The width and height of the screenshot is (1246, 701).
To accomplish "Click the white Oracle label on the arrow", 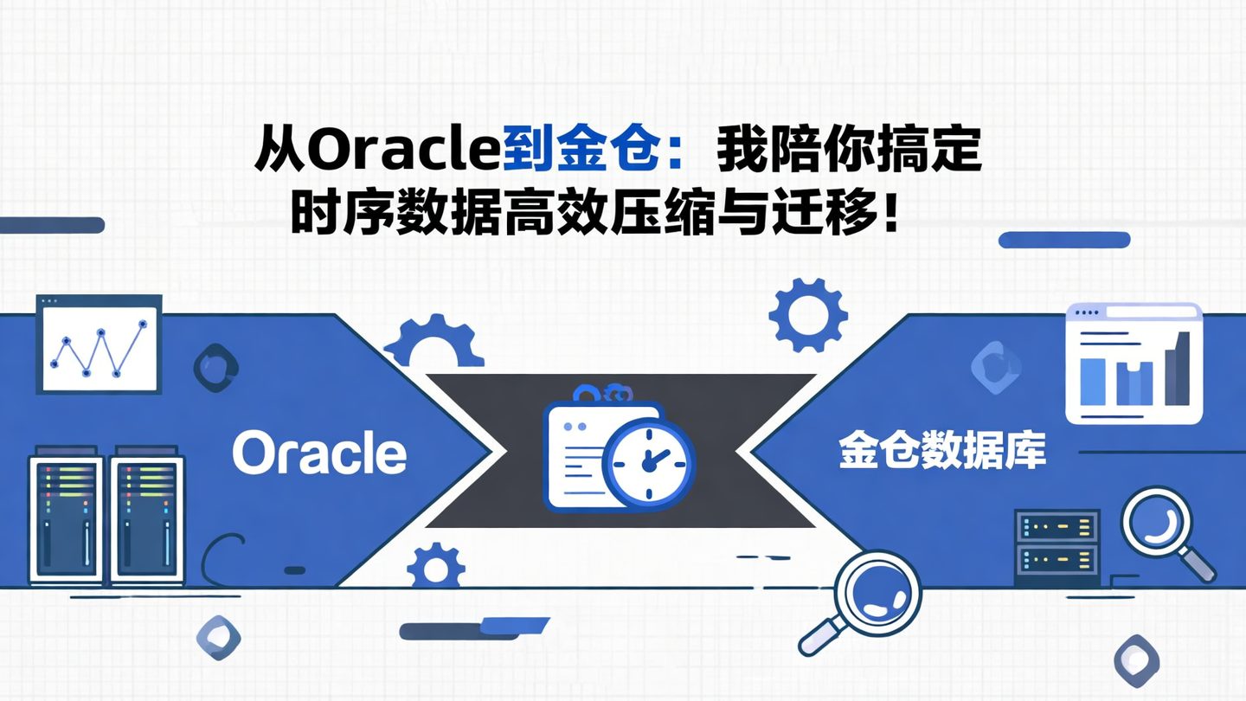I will coord(319,453).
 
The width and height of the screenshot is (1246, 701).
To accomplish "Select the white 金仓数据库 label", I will coord(942,452).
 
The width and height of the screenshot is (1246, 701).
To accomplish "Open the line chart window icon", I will coord(99,344).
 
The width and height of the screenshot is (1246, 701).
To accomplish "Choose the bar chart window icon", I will coord(1134,363).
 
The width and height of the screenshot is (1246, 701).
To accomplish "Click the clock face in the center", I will coord(649,460).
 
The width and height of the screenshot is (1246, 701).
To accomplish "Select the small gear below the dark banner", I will coord(435,567).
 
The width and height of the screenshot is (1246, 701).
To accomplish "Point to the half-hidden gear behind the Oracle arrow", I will coord(434,342).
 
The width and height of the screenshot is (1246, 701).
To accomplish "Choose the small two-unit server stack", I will coord(1057,543).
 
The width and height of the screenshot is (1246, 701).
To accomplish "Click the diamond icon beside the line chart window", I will coord(215,368).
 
